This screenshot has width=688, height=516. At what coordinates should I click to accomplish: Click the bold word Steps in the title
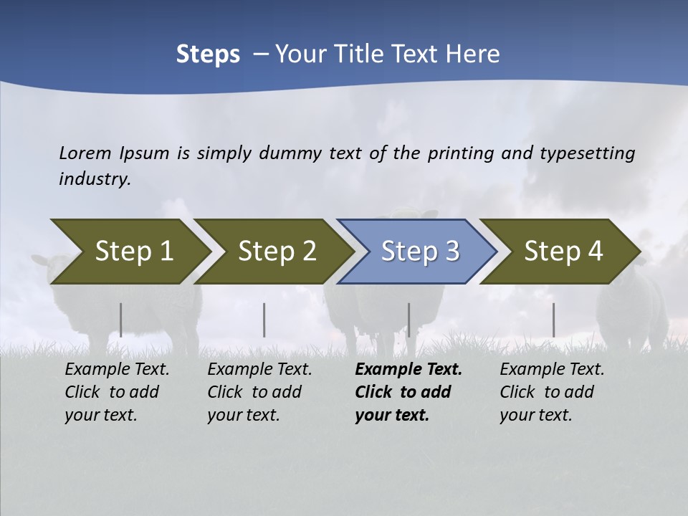pos(208,54)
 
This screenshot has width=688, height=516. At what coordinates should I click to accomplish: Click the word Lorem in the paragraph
pos(85,153)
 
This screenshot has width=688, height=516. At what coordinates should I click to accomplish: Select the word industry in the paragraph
pos(95,178)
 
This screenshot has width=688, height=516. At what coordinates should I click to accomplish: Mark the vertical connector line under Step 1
pos(121,320)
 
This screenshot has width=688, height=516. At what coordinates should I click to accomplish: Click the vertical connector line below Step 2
pos(264,320)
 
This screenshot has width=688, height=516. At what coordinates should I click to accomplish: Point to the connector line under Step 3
pos(408,320)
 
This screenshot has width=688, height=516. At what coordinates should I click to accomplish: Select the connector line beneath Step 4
pos(553,320)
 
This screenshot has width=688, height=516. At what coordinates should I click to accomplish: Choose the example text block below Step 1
pos(117,392)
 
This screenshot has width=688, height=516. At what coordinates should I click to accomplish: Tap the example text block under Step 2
pos(259,392)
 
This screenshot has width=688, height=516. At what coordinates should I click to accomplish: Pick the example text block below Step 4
pos(551,392)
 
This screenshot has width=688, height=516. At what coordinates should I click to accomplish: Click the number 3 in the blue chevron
pos(451,252)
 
